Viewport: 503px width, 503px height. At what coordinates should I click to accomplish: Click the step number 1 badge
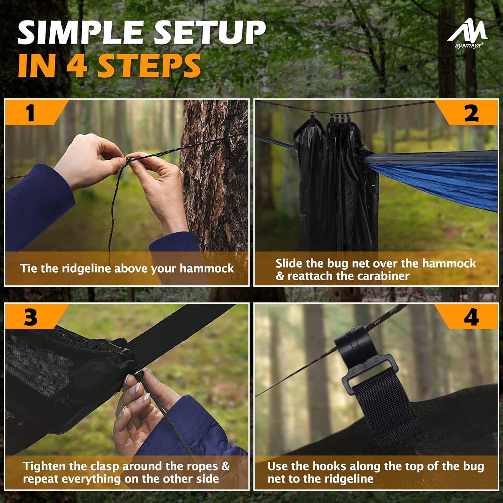[x=31, y=113]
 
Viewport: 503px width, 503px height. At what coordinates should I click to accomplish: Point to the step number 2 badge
[x=471, y=113]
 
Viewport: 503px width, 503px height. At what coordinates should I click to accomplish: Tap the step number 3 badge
[x=31, y=317]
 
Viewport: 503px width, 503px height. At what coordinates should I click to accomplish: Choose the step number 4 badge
[x=471, y=317]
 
